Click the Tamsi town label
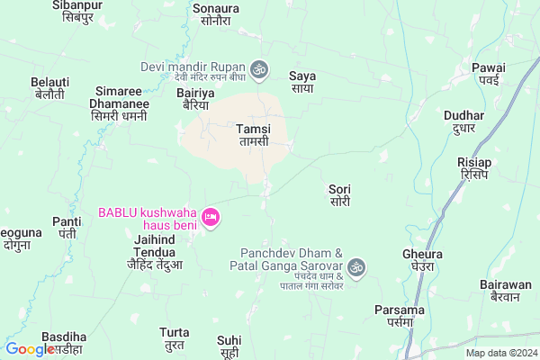pos(253,135)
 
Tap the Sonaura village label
pos(217,13)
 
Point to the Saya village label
pos(301,81)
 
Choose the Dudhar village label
pos(464,121)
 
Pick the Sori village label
pos(339,195)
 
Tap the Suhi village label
pos(229,346)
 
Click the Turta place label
pos(174,338)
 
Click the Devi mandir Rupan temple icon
pos(258,67)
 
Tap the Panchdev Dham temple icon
pos(357,266)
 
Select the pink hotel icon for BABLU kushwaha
pos(211,217)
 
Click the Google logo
pos(30,350)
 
